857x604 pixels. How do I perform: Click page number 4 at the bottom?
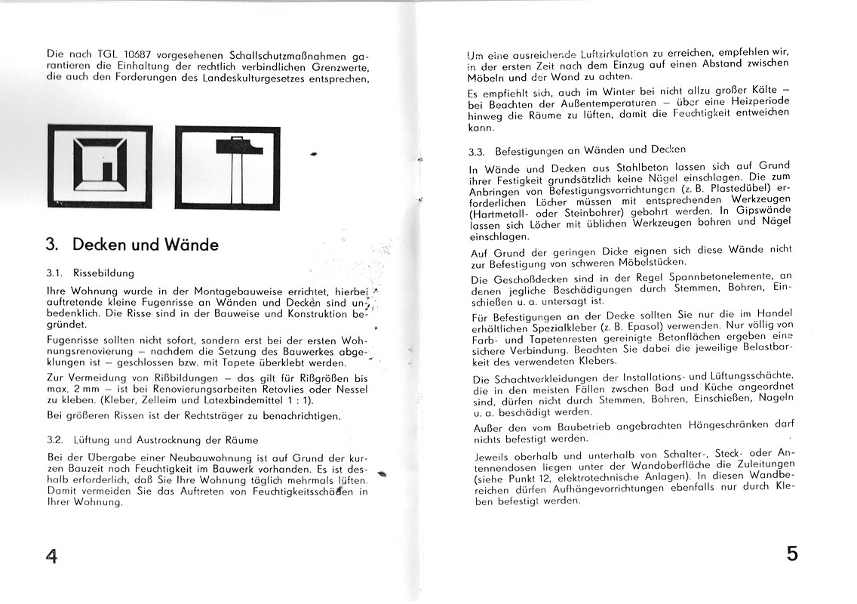51,557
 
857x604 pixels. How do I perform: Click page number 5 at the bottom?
791,553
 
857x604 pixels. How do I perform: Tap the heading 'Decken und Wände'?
145,245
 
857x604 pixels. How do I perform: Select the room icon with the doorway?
100,166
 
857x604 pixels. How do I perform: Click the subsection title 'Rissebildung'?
104,273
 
